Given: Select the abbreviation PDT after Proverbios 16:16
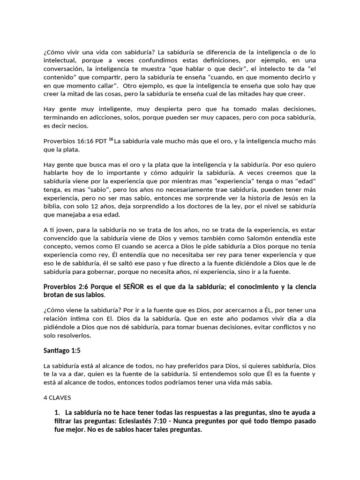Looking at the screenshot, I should click(100, 141).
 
